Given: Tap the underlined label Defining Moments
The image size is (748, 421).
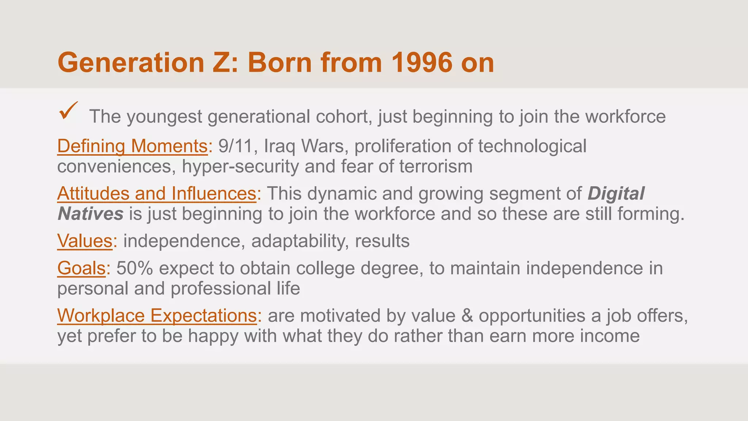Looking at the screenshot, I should click(133, 146).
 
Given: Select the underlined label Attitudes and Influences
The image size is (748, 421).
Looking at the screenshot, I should click(157, 193).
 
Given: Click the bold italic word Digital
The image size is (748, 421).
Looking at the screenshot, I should click(616, 193).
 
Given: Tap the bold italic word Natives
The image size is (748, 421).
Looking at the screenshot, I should click(90, 214).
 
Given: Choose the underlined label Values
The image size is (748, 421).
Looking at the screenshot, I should click(85, 241).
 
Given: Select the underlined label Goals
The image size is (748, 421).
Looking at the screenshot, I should click(81, 268).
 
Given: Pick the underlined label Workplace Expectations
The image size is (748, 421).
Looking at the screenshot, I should click(157, 315).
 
